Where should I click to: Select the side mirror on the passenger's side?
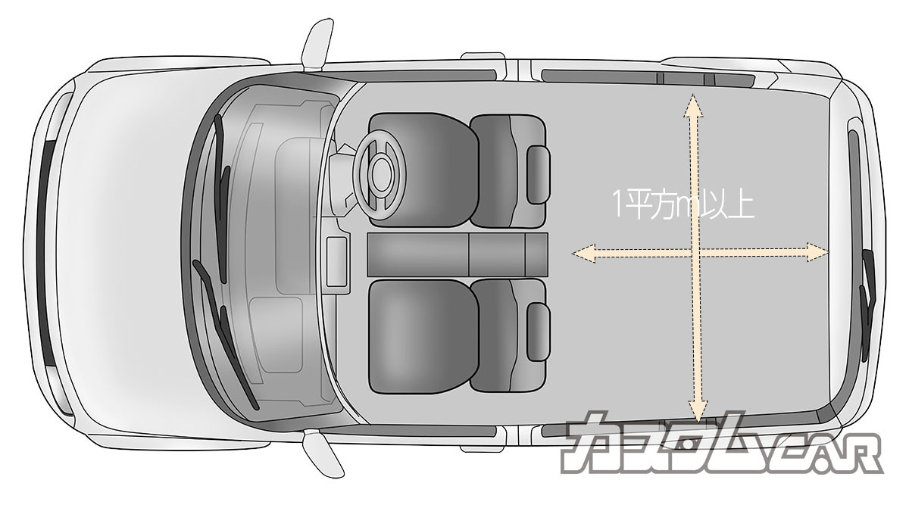(323, 454)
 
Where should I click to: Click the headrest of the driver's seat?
(539, 174)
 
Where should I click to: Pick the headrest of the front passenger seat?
(539, 332)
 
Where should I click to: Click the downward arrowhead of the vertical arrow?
(698, 412)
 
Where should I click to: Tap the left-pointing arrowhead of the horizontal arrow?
(583, 253)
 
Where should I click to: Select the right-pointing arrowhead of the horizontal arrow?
(817, 252)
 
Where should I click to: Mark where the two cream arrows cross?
(695, 253)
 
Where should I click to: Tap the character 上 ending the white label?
(742, 206)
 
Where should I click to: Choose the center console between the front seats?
(458, 254)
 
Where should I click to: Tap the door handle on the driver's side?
(483, 56)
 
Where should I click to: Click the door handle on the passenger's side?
(483, 449)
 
